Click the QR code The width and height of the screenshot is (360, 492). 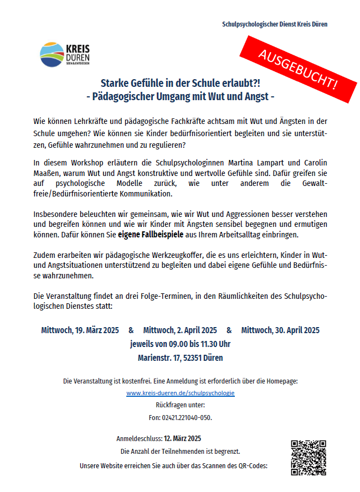[x=307, y=457]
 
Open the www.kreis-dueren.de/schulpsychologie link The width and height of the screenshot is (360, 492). [x=181, y=393]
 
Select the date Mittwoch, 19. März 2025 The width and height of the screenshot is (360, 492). [x=80, y=330]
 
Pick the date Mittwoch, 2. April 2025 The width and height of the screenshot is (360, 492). [x=180, y=330]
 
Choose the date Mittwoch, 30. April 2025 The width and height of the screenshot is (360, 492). [x=280, y=330]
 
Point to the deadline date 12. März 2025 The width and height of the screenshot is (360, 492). [x=182, y=438]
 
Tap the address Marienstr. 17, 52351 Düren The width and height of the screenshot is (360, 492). [x=181, y=358]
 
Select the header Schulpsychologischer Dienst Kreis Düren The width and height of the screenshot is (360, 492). [x=275, y=24]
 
